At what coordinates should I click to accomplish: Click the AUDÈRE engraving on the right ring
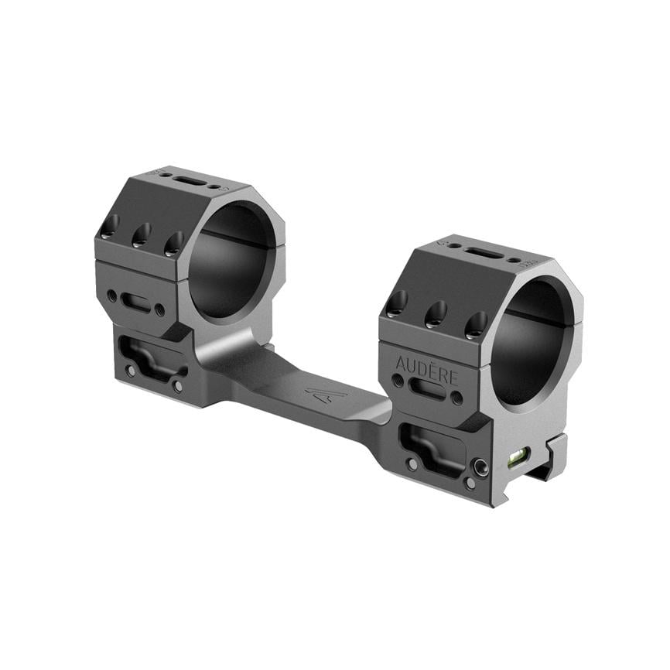[x=426, y=367]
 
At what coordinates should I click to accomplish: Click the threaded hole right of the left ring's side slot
[x=160, y=311]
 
